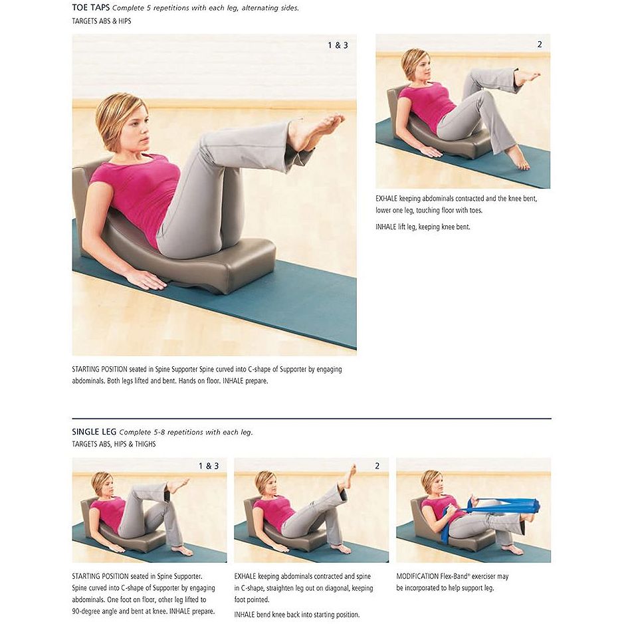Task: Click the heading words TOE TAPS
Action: click(91, 7)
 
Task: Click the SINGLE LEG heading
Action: click(94, 432)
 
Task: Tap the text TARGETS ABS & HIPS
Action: click(102, 21)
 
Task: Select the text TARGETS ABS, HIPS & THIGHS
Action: click(114, 444)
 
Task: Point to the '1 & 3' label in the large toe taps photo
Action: click(338, 45)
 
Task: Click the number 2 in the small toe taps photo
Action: click(540, 45)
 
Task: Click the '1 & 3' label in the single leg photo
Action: click(209, 466)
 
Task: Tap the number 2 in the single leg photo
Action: click(377, 466)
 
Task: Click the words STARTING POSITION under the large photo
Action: click(100, 369)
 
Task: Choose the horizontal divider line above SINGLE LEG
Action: click(312, 419)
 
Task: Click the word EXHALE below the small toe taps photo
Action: click(386, 199)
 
